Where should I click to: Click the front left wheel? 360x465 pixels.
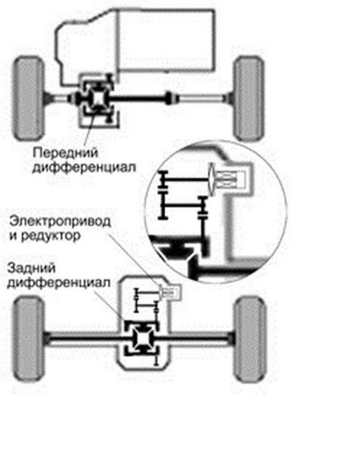point(28,98)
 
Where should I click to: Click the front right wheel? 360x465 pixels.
point(249,98)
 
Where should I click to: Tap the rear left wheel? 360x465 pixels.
point(29,339)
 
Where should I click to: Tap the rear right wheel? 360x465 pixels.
point(250,339)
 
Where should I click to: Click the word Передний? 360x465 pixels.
point(65,153)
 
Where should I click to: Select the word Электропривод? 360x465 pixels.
point(60,222)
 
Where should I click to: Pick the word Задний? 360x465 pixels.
point(32,268)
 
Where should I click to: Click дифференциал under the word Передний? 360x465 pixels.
point(84,167)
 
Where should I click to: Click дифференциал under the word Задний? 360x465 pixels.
point(59,283)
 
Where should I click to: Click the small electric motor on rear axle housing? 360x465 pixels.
point(170,292)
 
